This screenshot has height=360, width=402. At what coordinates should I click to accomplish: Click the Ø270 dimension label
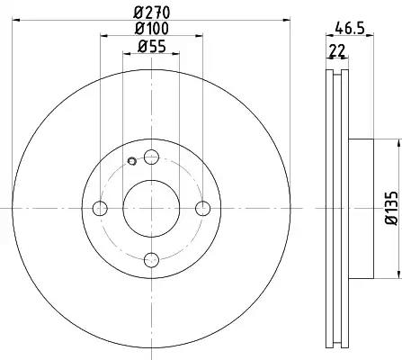click(152, 13)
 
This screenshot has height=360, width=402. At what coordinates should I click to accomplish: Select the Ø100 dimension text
click(152, 29)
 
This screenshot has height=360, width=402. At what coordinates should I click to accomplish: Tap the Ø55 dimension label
click(152, 47)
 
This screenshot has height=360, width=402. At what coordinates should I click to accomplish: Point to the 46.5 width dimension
click(350, 28)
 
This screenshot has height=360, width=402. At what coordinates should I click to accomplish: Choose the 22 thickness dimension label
click(337, 50)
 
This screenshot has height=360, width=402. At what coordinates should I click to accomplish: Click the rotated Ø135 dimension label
click(392, 208)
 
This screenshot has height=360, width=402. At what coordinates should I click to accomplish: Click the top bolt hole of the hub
click(151, 157)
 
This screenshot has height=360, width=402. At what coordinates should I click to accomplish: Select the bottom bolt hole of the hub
click(151, 260)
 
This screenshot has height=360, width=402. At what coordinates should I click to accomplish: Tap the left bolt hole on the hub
click(100, 208)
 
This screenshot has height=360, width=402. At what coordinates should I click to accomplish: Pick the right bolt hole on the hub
click(203, 208)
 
